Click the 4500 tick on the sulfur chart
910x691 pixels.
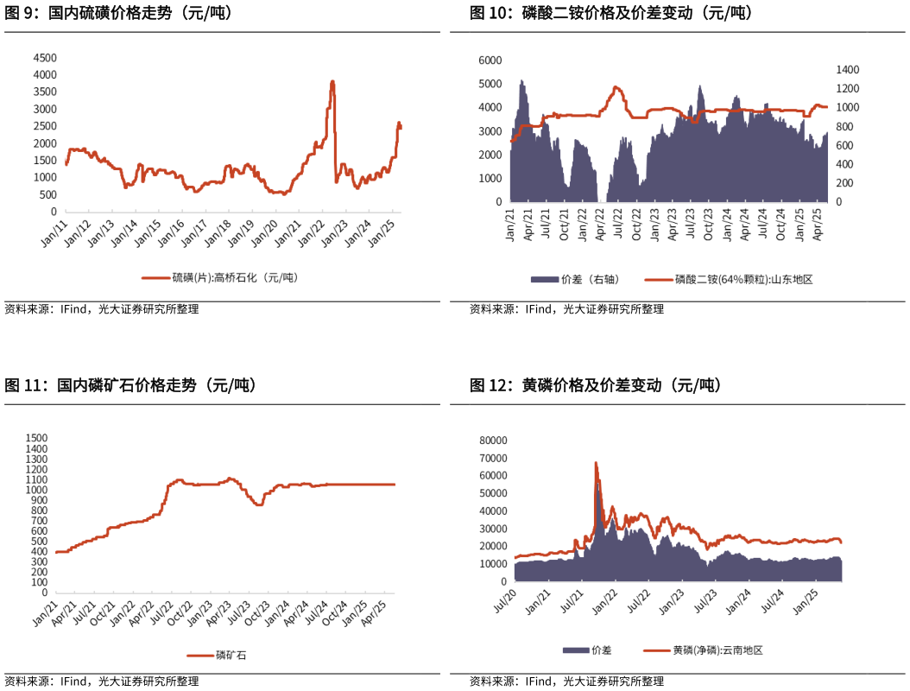tap(45, 58)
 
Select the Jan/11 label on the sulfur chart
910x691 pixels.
tap(55, 234)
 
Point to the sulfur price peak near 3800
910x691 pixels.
tap(332, 82)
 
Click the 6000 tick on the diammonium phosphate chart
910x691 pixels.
tap(490, 60)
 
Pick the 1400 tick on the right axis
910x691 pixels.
tap(848, 70)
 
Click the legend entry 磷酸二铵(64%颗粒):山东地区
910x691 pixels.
tap(743, 279)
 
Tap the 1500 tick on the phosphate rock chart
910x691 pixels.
tap(36, 439)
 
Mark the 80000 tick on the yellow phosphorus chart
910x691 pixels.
tap(495, 441)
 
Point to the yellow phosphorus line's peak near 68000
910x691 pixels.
tap(596, 463)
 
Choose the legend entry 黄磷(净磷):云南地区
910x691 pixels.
tap(717, 650)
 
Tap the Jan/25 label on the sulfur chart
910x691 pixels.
tap(382, 234)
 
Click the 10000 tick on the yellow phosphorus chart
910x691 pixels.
tap(495, 564)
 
